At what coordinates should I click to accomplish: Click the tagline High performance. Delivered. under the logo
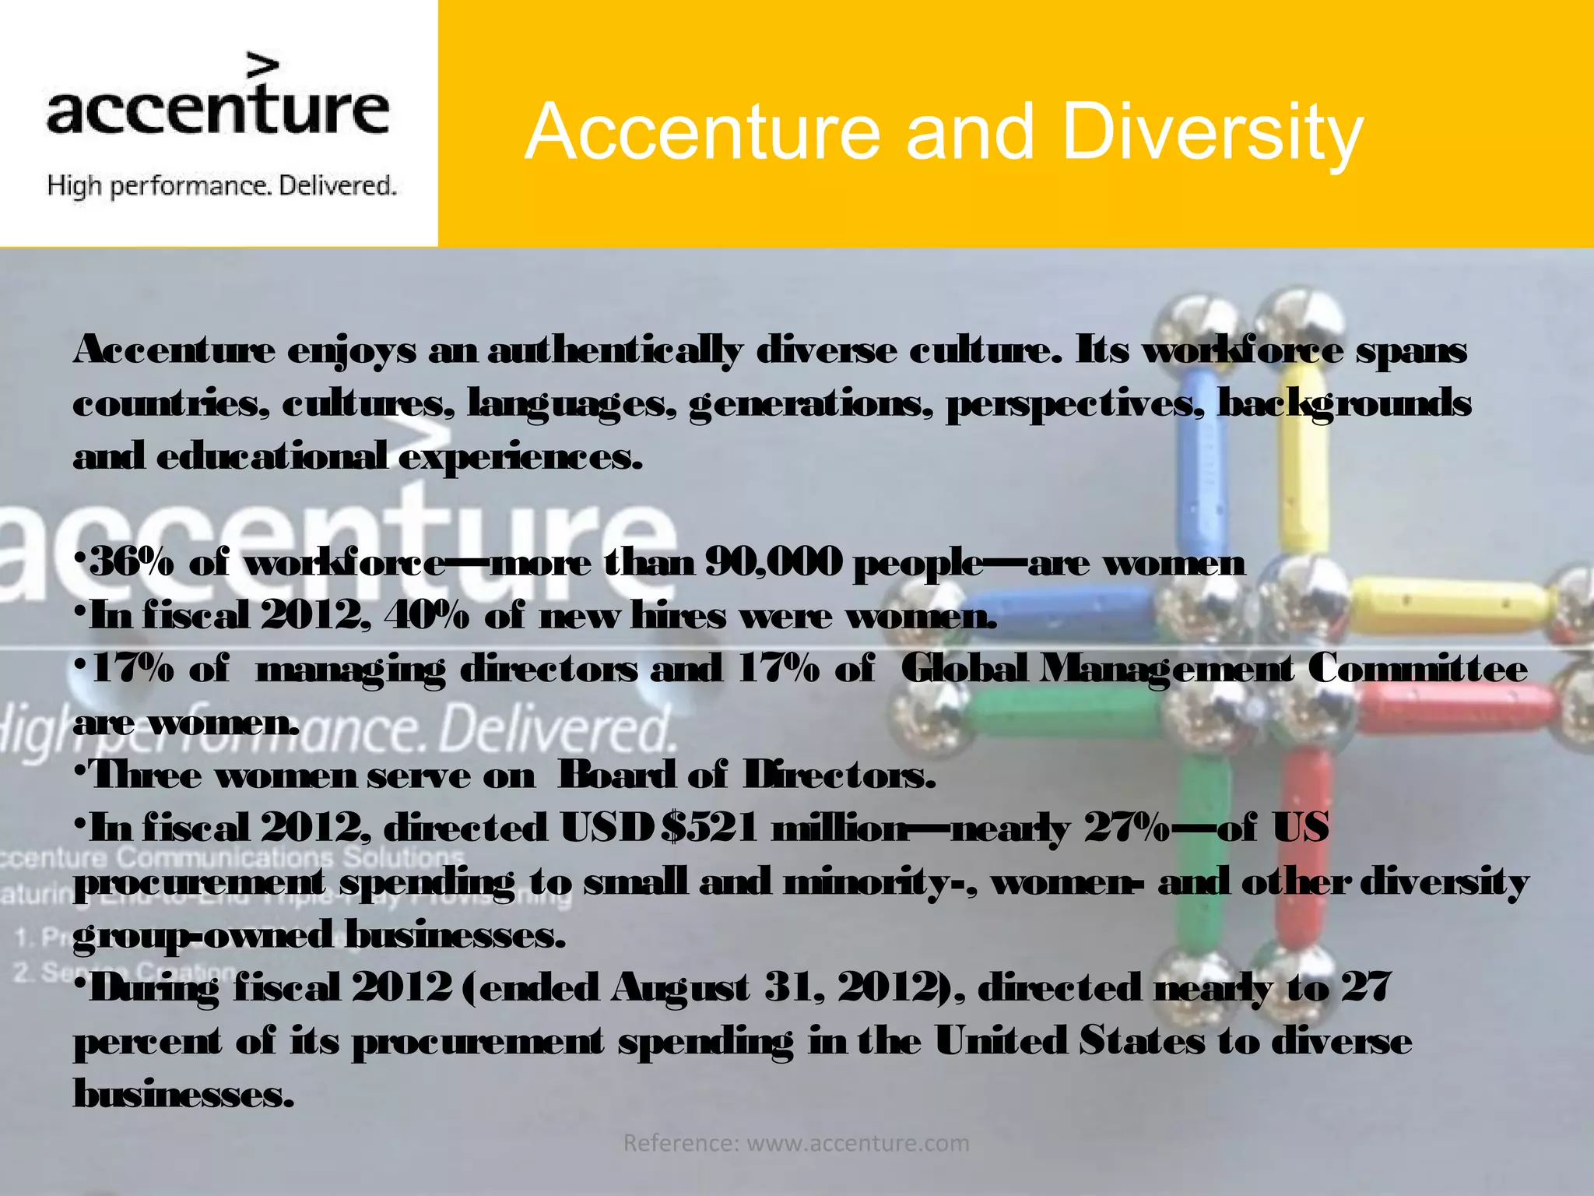222,186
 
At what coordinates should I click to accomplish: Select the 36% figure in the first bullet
133,562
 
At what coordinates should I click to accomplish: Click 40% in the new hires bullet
427,616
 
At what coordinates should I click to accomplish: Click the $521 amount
709,828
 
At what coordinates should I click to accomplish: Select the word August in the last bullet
680,989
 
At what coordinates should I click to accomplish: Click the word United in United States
1001,1042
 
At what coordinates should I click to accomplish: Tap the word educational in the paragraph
272,456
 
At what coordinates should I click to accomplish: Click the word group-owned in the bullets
203,935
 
